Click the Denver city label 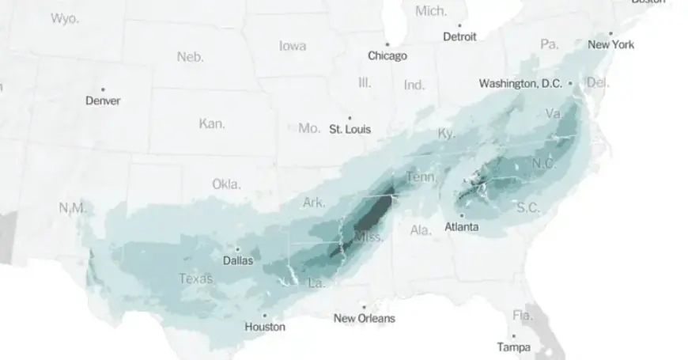pos(103,101)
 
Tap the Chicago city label pos(387,56)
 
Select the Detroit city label pos(459,36)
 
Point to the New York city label pos(611,45)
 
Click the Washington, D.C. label pos(520,83)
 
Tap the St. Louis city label pos(350,129)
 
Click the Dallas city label pos(238,260)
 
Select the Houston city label pos(265,326)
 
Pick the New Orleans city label pos(364,319)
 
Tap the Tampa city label pos(513,347)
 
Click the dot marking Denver pos(103,89)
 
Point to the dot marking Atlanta pos(461,216)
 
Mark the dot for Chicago pos(387,44)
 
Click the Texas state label pos(195,279)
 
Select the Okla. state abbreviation pos(226,184)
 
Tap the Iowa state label pos(293,46)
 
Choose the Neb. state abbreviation pos(190,57)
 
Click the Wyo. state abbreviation pos(64,18)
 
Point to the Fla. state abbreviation pos(523,316)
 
